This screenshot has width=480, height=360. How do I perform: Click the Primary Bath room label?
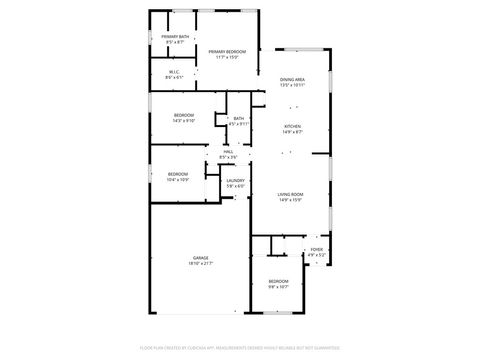pyautogui.click(x=175, y=37)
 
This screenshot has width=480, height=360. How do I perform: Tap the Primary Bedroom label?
pyautogui.click(x=228, y=50)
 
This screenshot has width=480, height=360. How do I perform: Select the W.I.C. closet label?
pyautogui.click(x=173, y=71)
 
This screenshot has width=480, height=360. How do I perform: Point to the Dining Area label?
pyautogui.click(x=292, y=79)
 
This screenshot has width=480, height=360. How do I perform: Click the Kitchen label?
pyautogui.click(x=292, y=126)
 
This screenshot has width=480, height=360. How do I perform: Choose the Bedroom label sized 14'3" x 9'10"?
pyautogui.click(x=184, y=116)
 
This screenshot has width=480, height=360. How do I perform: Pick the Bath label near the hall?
pyautogui.click(x=239, y=118)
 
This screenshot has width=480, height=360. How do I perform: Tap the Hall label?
pyautogui.click(x=228, y=151)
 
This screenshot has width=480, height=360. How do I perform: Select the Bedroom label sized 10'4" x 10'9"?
pyautogui.click(x=178, y=174)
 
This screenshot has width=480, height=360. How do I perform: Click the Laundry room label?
pyautogui.click(x=236, y=179)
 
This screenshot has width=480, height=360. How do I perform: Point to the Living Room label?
pyautogui.click(x=291, y=193)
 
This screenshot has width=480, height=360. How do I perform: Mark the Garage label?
pyautogui.click(x=201, y=258)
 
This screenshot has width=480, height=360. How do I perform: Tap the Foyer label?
pyautogui.click(x=317, y=249)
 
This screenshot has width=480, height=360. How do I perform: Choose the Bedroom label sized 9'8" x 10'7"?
pyautogui.click(x=277, y=281)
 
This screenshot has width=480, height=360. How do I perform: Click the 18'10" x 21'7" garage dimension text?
pyautogui.click(x=201, y=264)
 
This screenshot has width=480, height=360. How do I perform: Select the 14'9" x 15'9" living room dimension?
pyautogui.click(x=291, y=199)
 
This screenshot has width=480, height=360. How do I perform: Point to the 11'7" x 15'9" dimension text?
pyautogui.click(x=228, y=56)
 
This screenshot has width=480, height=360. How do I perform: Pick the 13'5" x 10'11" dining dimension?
pyautogui.click(x=292, y=85)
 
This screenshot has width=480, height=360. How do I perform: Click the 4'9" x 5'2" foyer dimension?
pyautogui.click(x=317, y=255)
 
